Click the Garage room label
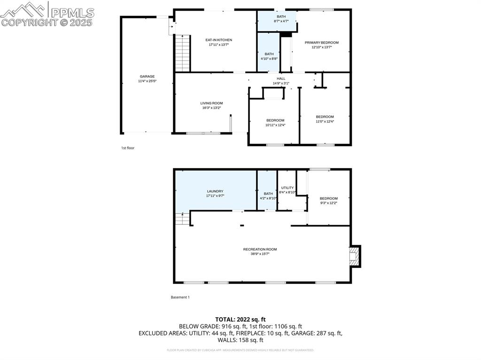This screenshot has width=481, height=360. coord(147,77)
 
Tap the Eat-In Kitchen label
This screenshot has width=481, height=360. coord(218,40)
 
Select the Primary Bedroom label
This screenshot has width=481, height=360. coord(321,43)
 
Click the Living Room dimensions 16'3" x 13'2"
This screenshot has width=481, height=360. coord(211,108)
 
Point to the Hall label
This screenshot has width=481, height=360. coord(281,79)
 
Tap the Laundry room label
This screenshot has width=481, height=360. coord(215,191)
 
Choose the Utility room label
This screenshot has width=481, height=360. coord(287,188)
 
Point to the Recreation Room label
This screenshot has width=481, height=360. coord(260,249)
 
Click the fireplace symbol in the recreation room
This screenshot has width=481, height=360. coord(355,256)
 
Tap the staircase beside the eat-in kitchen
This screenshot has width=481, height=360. coord(182,53)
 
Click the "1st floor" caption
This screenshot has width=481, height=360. coord(128,148)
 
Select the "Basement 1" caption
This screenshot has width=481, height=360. coord(180,297)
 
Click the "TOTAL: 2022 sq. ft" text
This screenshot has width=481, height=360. coord(240,319)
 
